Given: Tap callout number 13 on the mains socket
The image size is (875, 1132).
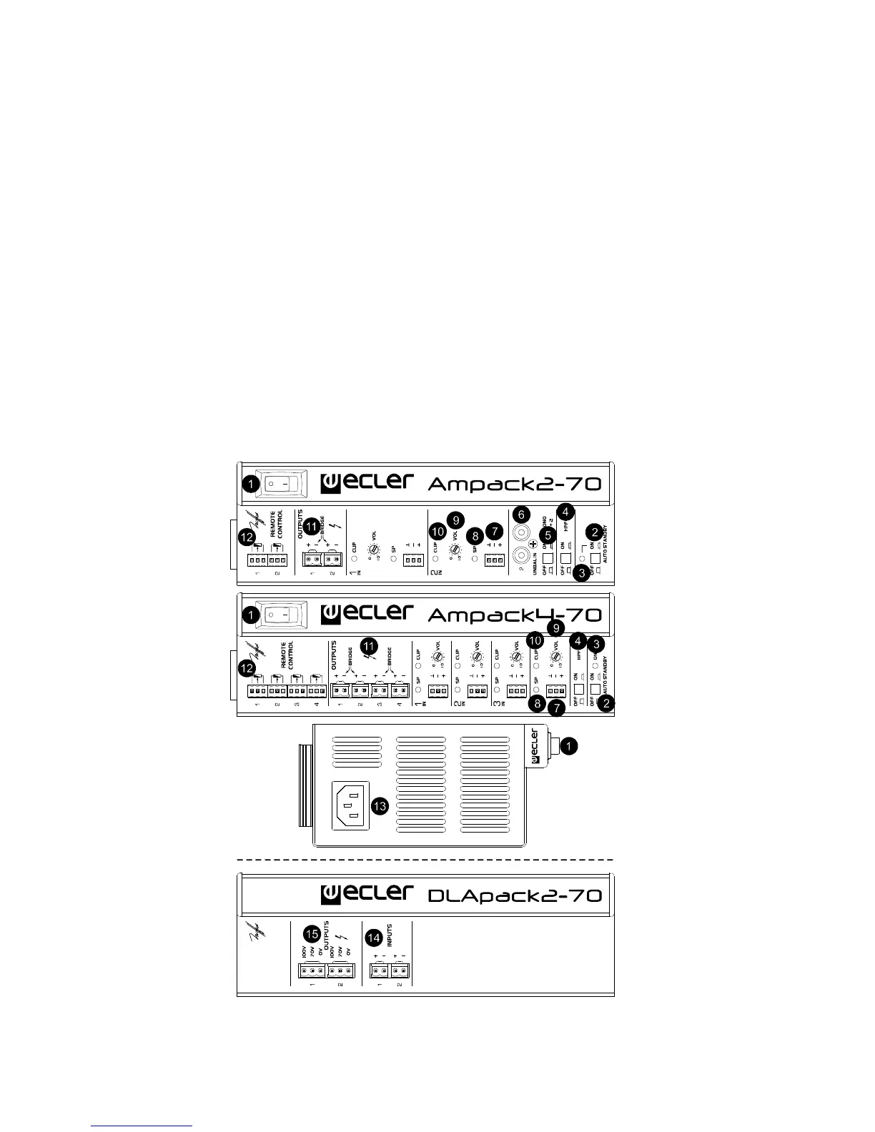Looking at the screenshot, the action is pos(380,806).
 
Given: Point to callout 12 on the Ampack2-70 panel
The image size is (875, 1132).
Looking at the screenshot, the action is pos(247,537).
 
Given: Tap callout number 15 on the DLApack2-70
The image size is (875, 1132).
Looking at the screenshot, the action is pos(312,933).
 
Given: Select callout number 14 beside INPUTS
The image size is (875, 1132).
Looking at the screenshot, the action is pos(373,937).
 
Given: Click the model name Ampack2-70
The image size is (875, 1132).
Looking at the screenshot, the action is pos(513,484).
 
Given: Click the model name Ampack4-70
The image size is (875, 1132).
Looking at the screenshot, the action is pos(513,614).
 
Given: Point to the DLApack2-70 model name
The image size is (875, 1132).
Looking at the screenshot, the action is pos(513,895).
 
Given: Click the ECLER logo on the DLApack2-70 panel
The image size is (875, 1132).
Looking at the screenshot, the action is pos(367,893).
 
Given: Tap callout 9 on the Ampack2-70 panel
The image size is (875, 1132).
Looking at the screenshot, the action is pos(455,520).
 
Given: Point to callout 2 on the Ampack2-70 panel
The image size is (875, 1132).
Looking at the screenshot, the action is pos(595,531).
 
